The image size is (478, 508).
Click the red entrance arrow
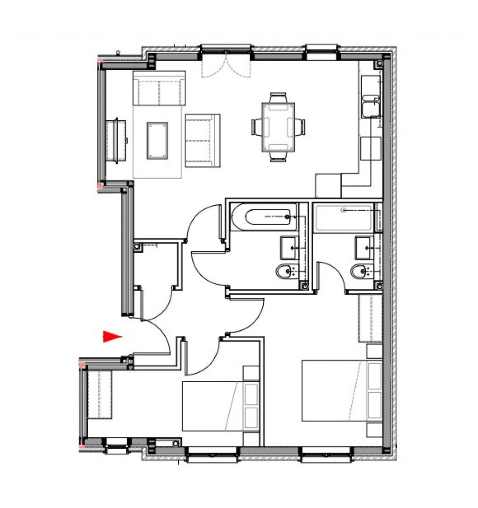point(112,336)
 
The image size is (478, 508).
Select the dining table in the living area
point(279,127)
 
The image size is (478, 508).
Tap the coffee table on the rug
point(157,140)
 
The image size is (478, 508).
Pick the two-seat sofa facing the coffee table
point(203,140)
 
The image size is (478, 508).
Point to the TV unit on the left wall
point(116,140)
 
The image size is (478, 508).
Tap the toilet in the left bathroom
point(284,271)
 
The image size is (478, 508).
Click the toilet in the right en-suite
point(358,271)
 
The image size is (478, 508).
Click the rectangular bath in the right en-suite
point(344,217)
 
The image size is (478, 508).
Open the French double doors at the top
point(226,64)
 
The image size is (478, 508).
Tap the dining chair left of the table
point(258,126)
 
